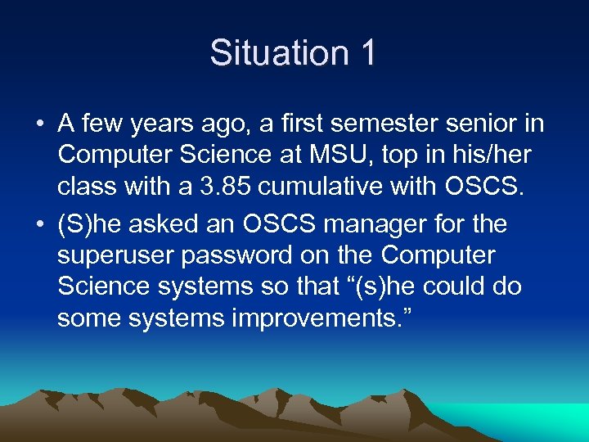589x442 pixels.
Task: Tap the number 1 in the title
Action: point(366,53)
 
